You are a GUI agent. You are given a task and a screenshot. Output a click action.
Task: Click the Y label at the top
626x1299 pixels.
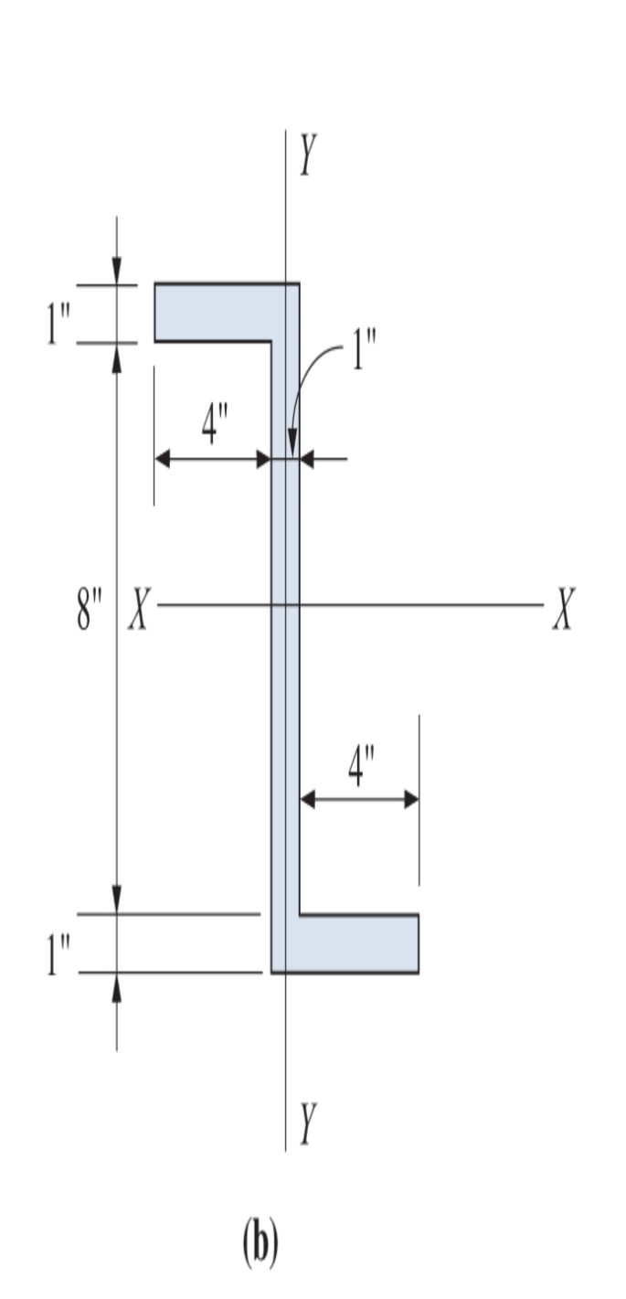(309, 155)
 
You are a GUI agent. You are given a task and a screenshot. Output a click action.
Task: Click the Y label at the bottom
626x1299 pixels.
(309, 1123)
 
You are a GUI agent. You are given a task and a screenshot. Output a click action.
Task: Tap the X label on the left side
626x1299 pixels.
(138, 608)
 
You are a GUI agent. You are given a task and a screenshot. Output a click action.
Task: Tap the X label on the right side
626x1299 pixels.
(564, 608)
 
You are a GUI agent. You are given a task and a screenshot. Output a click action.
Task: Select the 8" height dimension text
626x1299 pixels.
(89, 610)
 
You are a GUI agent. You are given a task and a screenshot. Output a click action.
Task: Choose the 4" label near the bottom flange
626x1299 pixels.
(362, 765)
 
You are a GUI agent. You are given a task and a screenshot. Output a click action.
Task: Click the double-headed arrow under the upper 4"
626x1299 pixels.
(213, 459)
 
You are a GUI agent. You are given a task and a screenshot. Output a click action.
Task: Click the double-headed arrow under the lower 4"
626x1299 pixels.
(359, 800)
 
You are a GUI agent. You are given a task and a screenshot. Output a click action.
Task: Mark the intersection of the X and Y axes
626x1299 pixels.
(285, 605)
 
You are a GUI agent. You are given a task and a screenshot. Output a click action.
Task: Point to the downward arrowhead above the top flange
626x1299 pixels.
(116, 271)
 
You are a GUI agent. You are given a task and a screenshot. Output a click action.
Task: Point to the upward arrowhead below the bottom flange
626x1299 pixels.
(116, 987)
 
